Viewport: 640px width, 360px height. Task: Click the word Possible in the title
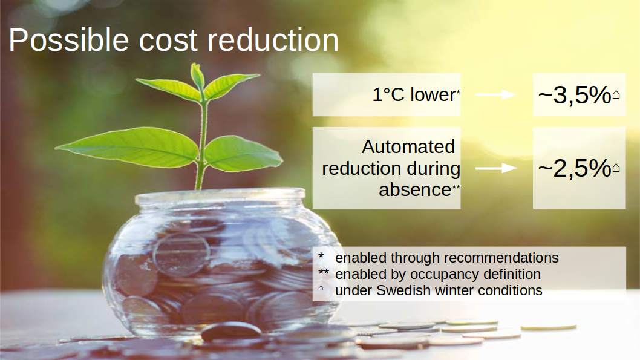point(69,40)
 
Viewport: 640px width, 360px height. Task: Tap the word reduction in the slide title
point(273,40)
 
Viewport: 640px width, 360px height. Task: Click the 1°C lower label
point(416,95)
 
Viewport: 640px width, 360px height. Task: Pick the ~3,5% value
point(575,95)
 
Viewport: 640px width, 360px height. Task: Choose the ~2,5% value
point(575,168)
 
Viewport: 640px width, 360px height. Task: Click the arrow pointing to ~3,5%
point(496,95)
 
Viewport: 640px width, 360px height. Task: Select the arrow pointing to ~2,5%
point(496,168)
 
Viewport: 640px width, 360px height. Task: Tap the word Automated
point(408,147)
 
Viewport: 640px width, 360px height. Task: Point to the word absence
point(415,190)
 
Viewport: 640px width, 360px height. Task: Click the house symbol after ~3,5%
point(616,95)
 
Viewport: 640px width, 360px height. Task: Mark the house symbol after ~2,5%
point(616,168)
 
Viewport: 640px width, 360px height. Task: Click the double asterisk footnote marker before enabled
point(324,272)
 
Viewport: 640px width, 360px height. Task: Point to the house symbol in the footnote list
point(321,288)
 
